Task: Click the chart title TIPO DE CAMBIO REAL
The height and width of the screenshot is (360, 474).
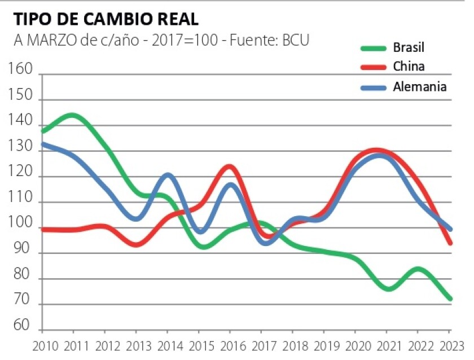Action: pos(106,19)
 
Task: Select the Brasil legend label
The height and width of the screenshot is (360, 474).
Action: pos(409,47)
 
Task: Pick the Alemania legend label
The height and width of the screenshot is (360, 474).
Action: pos(420,87)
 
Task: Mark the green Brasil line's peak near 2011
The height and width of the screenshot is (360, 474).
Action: pos(73,116)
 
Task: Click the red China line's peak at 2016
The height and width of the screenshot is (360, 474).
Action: pos(229,166)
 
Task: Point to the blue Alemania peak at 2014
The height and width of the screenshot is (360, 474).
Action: pos(168,175)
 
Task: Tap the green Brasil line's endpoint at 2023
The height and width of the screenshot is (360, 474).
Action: pos(450,299)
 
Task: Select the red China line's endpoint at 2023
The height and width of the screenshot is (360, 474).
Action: pos(450,243)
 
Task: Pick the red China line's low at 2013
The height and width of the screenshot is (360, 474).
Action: pos(136,244)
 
